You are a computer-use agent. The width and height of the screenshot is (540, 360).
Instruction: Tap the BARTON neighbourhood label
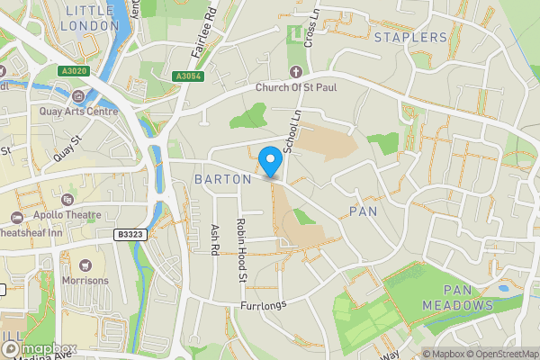pyautogui.click(x=222, y=179)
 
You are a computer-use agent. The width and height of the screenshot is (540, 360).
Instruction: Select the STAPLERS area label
pyautogui.click(x=410, y=37)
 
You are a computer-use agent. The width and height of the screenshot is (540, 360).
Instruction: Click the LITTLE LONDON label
pyautogui.click(x=89, y=18)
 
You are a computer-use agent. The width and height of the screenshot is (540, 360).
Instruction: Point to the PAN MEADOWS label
pyautogui.click(x=469, y=298)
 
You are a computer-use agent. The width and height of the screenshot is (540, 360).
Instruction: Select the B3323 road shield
pyautogui.click(x=130, y=234)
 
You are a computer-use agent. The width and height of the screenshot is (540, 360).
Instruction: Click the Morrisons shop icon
pyautogui.click(x=85, y=265)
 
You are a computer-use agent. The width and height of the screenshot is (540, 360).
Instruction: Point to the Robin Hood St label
pyautogui.click(x=241, y=250)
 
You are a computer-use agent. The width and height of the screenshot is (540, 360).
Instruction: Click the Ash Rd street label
pyautogui.click(x=215, y=238)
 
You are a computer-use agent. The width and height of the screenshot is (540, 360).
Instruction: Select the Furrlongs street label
pyautogui.click(x=262, y=306)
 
